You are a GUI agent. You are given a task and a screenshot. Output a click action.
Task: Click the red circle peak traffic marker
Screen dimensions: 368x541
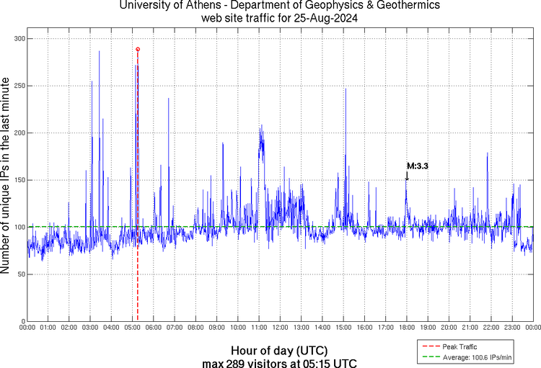coord(138,49)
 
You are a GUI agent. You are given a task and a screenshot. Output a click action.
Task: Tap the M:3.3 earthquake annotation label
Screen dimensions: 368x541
coord(418,166)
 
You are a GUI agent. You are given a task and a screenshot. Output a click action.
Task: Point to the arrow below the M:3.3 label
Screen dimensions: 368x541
coord(407,176)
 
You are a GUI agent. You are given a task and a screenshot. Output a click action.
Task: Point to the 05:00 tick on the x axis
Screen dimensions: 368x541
coord(133,328)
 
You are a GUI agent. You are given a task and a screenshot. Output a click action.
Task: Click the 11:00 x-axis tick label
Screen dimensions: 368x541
coord(259,328)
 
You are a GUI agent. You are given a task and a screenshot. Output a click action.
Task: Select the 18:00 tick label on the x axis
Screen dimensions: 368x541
coord(407,328)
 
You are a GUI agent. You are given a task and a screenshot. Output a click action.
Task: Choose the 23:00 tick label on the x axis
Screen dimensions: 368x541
coord(512,328)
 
